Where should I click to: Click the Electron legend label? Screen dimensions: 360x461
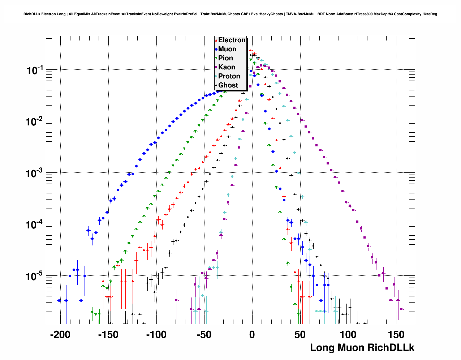(x=232, y=40)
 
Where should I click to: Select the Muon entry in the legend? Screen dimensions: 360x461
(x=227, y=49)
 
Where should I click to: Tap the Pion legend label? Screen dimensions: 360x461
(x=225, y=58)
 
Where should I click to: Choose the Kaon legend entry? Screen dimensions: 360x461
(x=227, y=67)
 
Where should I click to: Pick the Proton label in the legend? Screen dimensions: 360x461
(x=229, y=76)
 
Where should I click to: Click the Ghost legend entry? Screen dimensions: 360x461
(x=228, y=85)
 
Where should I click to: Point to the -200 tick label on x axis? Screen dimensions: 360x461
(x=60, y=335)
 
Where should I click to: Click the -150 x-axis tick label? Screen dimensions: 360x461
(x=108, y=335)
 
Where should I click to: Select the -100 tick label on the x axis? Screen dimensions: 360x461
(x=156, y=335)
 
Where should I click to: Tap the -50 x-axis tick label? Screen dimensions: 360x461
(x=204, y=335)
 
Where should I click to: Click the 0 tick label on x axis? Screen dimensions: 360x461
(x=252, y=335)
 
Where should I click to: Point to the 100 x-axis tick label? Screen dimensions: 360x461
(x=348, y=335)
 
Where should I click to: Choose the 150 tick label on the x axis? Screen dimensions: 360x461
(x=396, y=335)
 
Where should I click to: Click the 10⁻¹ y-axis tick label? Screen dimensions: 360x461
(x=35, y=70)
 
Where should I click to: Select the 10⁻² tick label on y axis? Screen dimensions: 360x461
(x=35, y=122)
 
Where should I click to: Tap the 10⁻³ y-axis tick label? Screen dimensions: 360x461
(x=35, y=173)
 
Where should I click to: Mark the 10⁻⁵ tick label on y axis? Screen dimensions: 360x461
(x=35, y=277)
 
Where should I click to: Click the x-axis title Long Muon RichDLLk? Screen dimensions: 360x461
(x=362, y=348)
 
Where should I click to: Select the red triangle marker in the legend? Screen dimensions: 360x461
(x=216, y=40)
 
